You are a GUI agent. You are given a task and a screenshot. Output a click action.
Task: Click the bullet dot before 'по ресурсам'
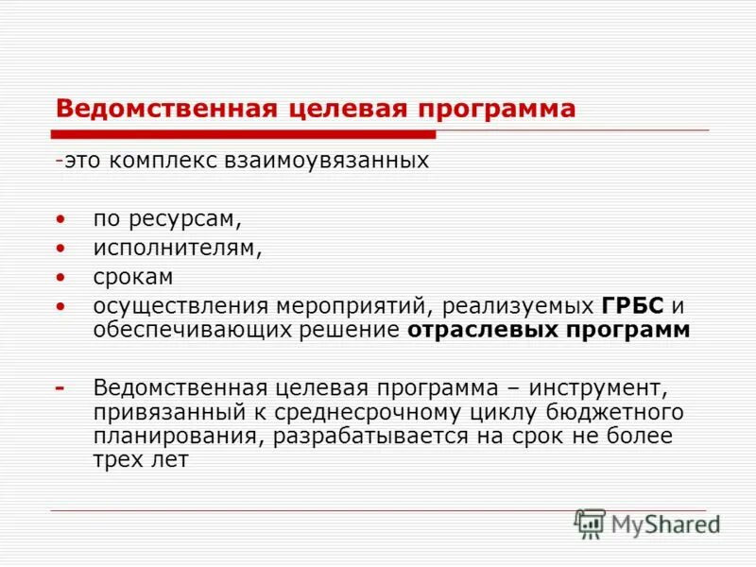(x=61, y=220)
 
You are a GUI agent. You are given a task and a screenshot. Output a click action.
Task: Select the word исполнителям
(x=177, y=249)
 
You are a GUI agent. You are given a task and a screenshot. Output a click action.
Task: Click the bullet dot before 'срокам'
(x=61, y=278)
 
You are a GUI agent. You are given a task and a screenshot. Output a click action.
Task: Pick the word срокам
(x=133, y=278)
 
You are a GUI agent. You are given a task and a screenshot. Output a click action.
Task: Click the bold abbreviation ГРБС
(x=632, y=307)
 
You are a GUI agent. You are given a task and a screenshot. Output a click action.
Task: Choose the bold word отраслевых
(x=476, y=330)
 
